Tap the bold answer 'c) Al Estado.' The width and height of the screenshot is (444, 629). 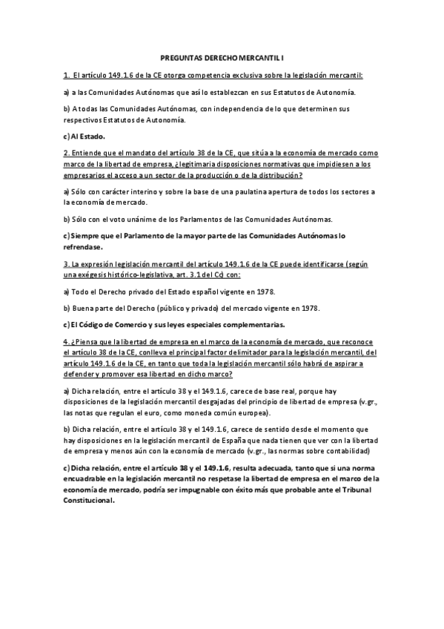[x=85, y=136]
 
